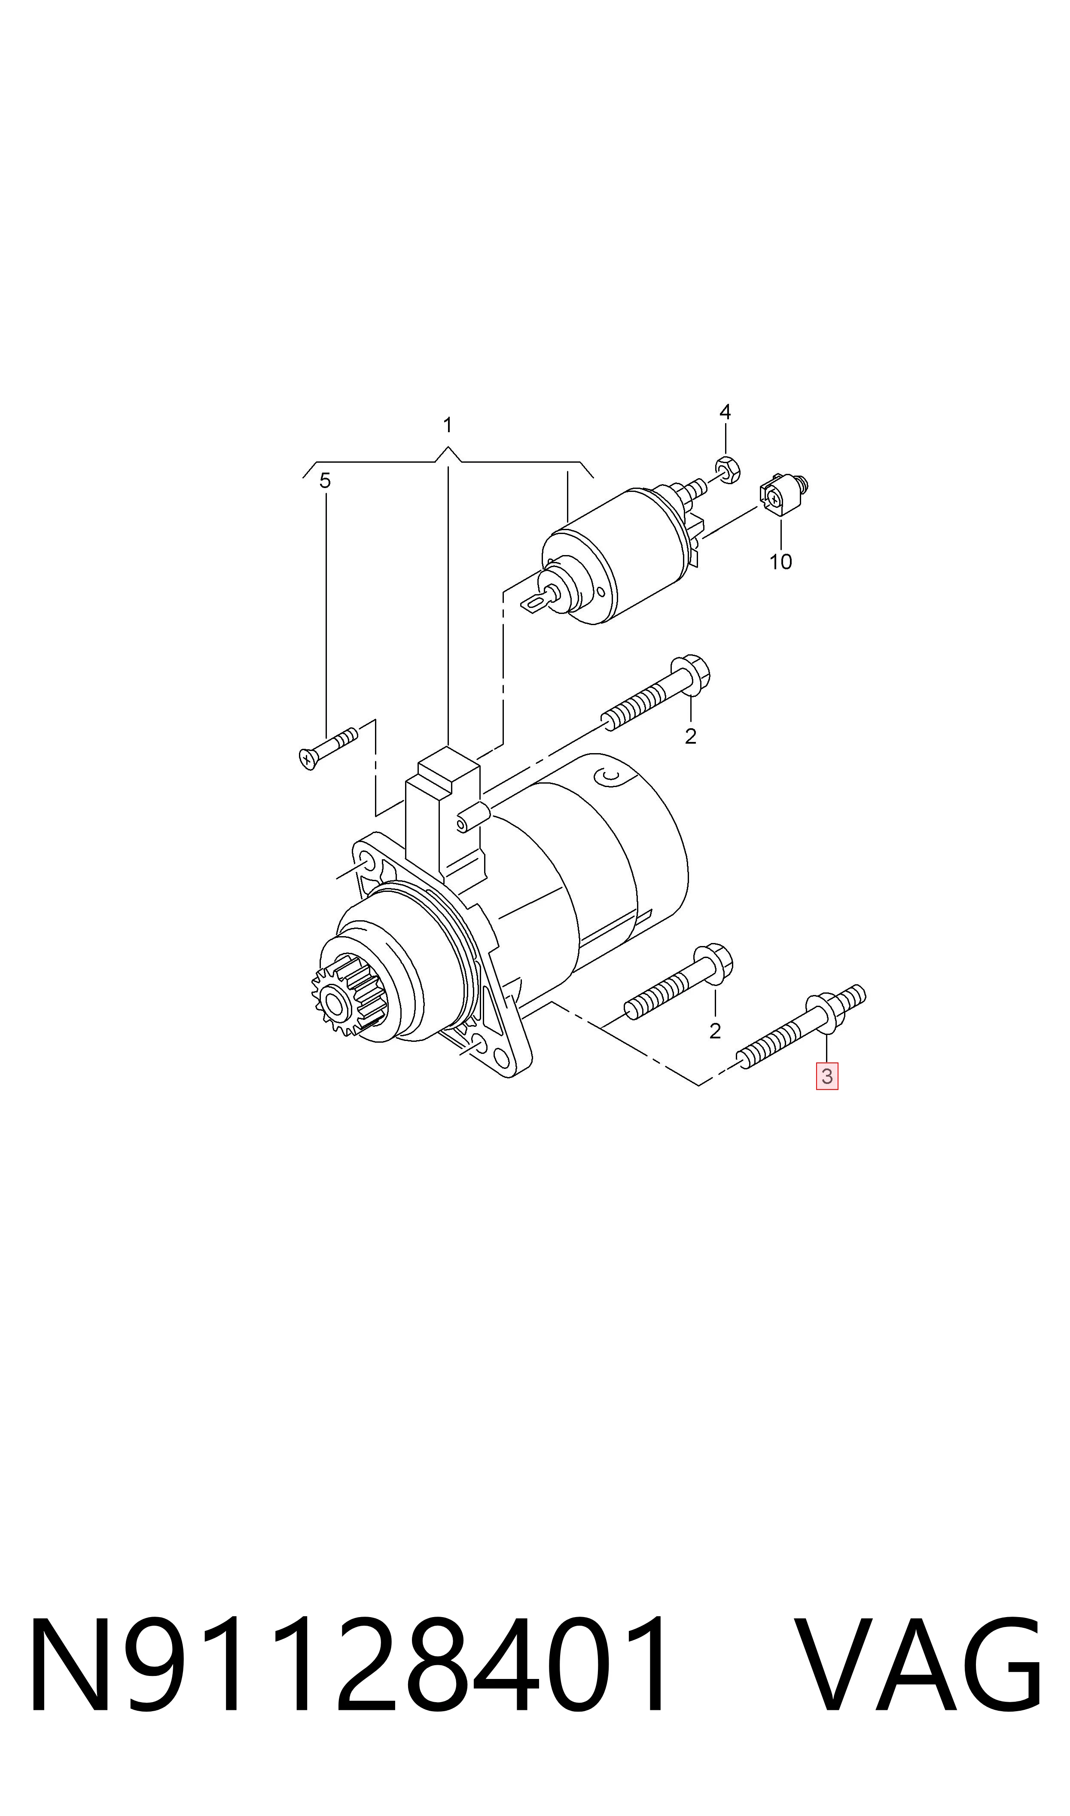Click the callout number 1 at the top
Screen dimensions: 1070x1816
click(448, 425)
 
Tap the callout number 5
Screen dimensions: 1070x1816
click(325, 481)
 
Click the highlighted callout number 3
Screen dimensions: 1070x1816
click(827, 1076)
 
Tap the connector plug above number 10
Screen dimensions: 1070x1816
click(782, 495)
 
